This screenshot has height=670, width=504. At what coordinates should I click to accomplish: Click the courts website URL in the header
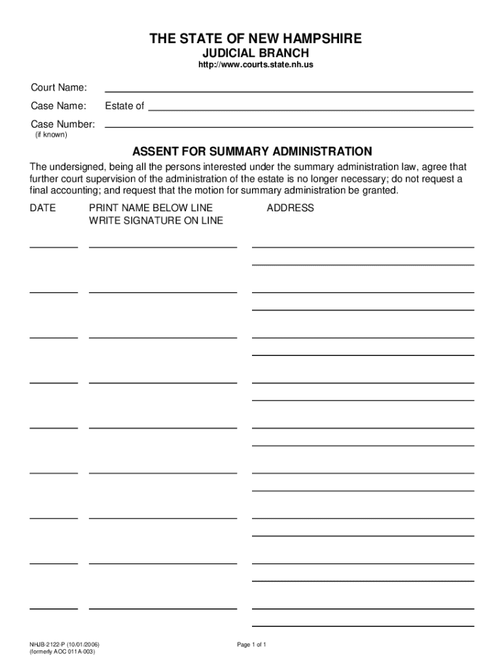pos(251,65)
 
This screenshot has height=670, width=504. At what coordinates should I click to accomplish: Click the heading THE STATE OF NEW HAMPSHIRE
pos(255,39)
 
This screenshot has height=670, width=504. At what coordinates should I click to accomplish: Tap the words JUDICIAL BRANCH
pos(254,53)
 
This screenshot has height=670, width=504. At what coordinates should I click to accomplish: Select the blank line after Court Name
pos(289,91)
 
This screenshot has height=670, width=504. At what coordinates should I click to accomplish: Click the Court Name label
pos(60,88)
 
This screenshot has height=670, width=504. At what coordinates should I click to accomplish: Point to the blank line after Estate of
pos(310,110)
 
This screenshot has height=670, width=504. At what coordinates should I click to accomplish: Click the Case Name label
pos(59,106)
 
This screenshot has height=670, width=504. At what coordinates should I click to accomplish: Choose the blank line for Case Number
pos(289,126)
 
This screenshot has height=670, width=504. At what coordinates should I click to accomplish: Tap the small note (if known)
pos(51,135)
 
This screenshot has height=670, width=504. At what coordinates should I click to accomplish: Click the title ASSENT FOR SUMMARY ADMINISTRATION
pos(253,151)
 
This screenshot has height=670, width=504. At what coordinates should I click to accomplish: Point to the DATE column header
pos(43,208)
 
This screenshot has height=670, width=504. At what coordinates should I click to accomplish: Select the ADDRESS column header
pos(290,208)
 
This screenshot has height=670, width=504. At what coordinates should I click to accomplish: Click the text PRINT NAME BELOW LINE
pos(151,208)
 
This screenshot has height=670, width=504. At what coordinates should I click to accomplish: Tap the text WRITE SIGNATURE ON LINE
pos(156,220)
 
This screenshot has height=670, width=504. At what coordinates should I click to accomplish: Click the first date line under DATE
pos(54,247)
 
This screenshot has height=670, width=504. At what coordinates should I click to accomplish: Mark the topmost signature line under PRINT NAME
pos(163,247)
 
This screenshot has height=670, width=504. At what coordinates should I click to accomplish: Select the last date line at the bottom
pos(54,608)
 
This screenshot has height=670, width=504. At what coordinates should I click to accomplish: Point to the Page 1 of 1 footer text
pos(251,644)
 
